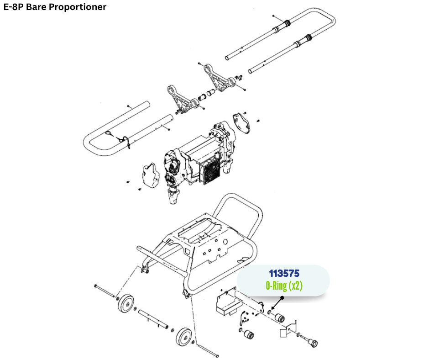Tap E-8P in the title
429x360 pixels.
click(x=13, y=7)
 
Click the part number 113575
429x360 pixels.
click(x=284, y=274)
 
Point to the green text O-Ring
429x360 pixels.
click(x=277, y=286)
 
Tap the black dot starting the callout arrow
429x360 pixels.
click(x=283, y=298)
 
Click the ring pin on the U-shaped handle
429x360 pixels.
click(x=110, y=133)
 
